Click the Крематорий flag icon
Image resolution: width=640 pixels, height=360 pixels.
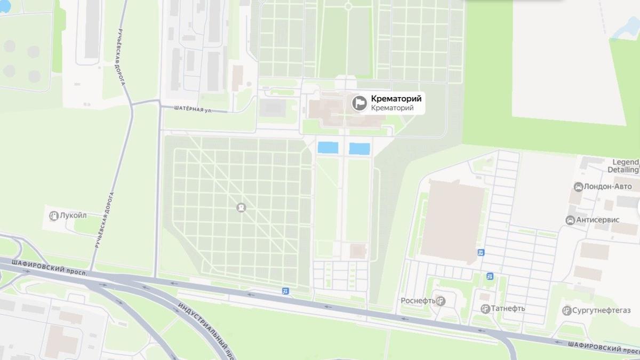(x=359, y=102)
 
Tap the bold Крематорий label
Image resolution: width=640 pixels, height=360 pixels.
(x=396, y=99)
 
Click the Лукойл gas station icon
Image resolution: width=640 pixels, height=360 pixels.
(x=53, y=215)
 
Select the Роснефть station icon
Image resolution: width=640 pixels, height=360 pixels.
(x=440, y=301)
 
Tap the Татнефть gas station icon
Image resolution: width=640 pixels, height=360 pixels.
(x=485, y=308)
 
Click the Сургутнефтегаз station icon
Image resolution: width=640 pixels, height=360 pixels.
(x=566, y=310)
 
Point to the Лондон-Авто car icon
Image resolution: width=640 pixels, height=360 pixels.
(x=578, y=187)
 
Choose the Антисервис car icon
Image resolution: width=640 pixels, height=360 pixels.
(x=570, y=220)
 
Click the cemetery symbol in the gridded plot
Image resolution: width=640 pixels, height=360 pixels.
(x=241, y=207)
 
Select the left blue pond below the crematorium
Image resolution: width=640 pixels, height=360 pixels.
(x=327, y=148)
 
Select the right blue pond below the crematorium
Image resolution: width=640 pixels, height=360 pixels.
(x=359, y=148)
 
